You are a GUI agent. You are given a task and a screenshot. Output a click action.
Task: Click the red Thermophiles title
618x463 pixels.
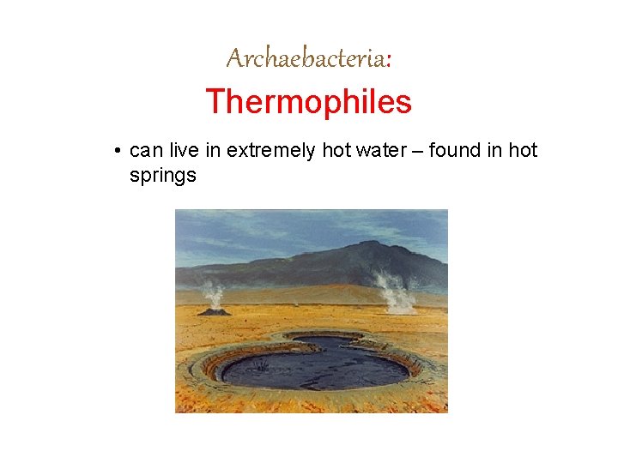pos(308,102)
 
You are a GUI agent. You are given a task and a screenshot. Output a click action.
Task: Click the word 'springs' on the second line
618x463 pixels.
pos(162,176)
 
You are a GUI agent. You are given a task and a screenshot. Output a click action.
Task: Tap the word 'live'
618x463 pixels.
pos(184,151)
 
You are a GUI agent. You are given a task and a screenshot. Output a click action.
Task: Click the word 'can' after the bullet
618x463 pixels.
pos(146,151)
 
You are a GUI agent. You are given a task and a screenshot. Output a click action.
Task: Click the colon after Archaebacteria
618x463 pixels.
pos(390,60)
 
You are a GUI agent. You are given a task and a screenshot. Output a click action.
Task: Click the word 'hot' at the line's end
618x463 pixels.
pos(523,151)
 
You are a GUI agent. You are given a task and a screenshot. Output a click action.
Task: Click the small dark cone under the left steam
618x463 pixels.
pos(214,311)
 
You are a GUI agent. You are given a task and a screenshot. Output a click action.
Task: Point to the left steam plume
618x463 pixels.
pos(212,295)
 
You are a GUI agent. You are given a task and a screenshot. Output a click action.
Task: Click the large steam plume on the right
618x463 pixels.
pos(395,292)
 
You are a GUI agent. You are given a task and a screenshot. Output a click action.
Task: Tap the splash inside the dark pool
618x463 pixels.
pos(261,365)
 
